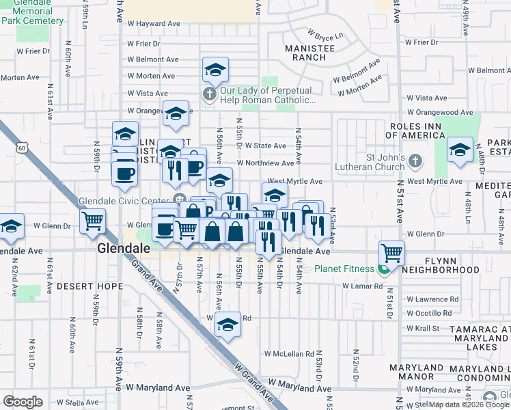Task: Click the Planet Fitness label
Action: (344, 269)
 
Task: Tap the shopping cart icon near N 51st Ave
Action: (392, 253)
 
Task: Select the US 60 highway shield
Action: (23, 148)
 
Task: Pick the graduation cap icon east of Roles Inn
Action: (460, 151)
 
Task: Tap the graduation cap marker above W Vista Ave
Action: (215, 70)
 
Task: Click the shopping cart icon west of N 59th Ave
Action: (92, 221)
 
